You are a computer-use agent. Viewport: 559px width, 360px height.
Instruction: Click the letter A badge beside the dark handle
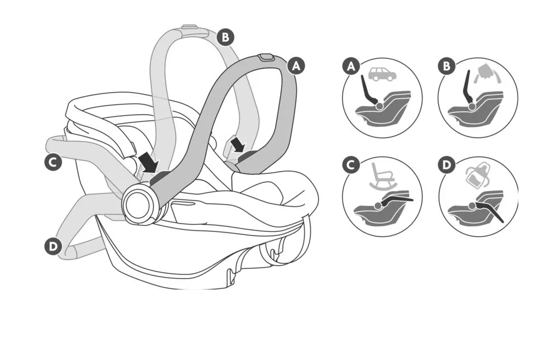[296, 65]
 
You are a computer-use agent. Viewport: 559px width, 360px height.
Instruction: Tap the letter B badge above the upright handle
[225, 37]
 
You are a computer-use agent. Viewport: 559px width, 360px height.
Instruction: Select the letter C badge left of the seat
[53, 163]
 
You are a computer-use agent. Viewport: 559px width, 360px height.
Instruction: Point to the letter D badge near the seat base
[53, 246]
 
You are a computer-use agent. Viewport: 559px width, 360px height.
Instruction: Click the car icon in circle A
[382, 74]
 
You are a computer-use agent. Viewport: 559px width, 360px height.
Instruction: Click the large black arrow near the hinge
[149, 163]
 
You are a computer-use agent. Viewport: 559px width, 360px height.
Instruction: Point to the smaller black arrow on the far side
[238, 145]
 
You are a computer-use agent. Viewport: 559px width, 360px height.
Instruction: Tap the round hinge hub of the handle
[138, 203]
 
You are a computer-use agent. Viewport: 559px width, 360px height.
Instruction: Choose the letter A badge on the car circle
[351, 67]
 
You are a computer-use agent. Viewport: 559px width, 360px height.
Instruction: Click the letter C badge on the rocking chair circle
[351, 166]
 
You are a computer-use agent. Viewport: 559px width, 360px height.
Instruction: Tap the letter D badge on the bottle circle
[447, 166]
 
